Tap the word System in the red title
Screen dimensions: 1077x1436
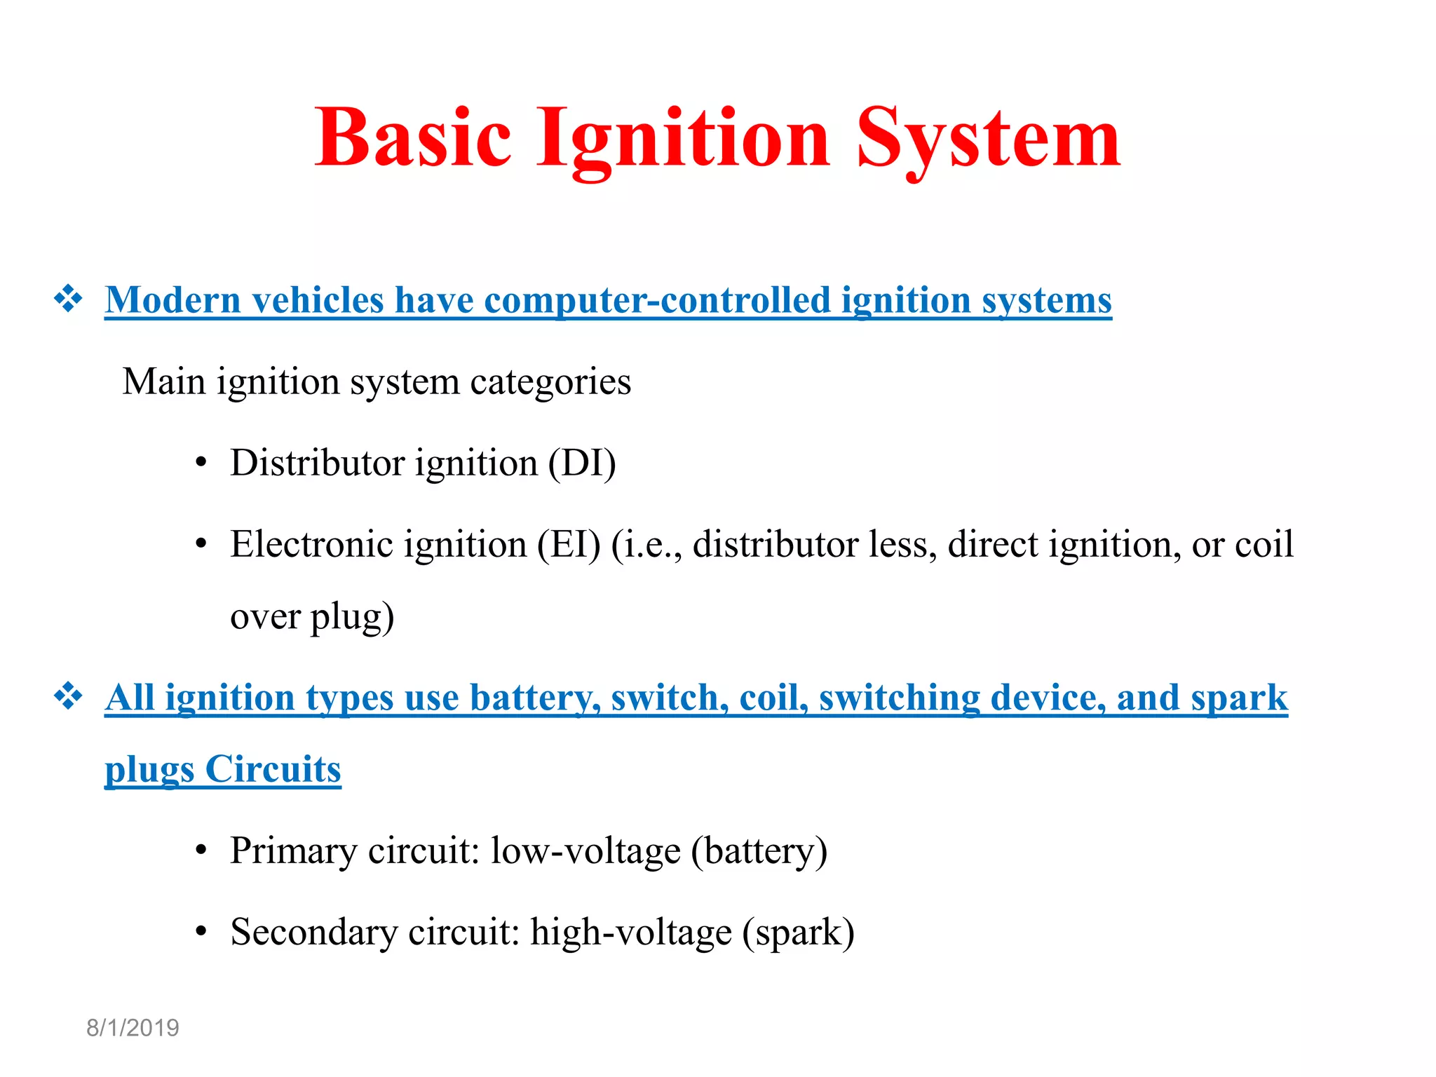point(988,139)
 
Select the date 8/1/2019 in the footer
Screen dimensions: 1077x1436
point(133,1028)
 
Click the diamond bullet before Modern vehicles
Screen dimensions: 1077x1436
point(69,299)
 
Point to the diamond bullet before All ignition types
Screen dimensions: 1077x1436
point(69,697)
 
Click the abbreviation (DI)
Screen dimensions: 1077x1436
point(581,463)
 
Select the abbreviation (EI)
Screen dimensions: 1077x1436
point(569,545)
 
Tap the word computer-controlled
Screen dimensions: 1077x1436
point(657,301)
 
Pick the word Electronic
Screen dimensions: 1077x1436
point(309,545)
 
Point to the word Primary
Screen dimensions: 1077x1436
point(294,851)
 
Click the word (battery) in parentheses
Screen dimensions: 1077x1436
point(759,851)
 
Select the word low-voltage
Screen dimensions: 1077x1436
point(585,851)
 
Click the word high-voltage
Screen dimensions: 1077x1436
point(631,933)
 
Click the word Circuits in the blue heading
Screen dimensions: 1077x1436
point(273,770)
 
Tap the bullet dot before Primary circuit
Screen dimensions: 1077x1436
point(201,851)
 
